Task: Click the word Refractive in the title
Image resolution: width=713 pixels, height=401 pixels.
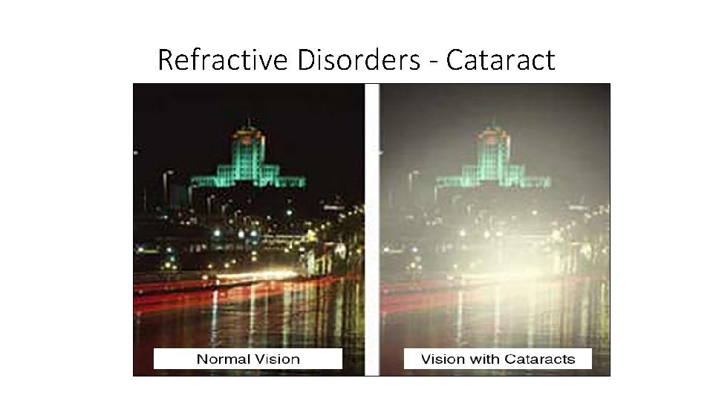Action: (x=224, y=59)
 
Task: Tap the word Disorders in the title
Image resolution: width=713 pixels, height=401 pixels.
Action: (x=359, y=59)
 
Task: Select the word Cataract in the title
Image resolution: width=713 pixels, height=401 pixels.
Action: (x=501, y=59)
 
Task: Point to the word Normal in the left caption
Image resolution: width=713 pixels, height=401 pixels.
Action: (x=224, y=359)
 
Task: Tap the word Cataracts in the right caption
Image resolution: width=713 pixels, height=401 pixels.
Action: (x=539, y=359)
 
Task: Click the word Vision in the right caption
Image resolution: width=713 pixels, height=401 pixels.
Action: (x=443, y=359)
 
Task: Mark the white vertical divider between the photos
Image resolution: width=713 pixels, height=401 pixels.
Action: (x=371, y=223)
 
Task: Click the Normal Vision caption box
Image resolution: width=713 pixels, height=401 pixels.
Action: (x=248, y=359)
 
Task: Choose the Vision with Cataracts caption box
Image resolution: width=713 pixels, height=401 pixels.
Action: (x=498, y=359)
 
